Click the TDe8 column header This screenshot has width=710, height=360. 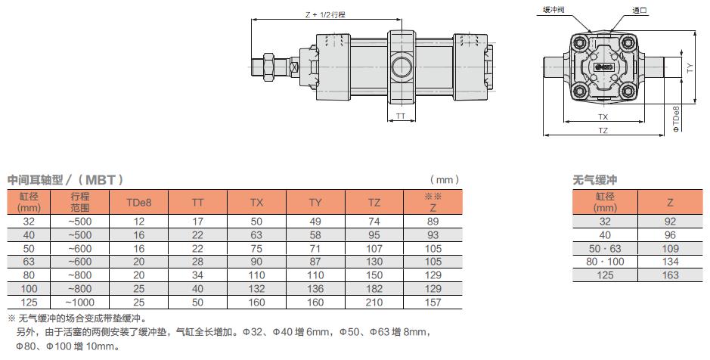pyautogui.click(x=138, y=203)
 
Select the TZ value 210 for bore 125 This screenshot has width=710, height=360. pyautogui.click(x=374, y=302)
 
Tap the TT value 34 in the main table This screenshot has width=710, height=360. pyautogui.click(x=197, y=275)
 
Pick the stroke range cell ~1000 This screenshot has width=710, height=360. pyautogui.click(x=79, y=302)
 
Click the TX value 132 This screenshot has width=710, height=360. pyautogui.click(x=256, y=288)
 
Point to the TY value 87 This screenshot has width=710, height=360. pyautogui.click(x=315, y=261)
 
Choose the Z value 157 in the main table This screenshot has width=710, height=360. pyautogui.click(x=433, y=302)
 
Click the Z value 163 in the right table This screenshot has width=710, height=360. pyautogui.click(x=670, y=275)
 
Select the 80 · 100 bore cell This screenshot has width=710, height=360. pyautogui.click(x=605, y=261)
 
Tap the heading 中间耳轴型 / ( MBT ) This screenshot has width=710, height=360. pyautogui.click(x=66, y=180)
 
